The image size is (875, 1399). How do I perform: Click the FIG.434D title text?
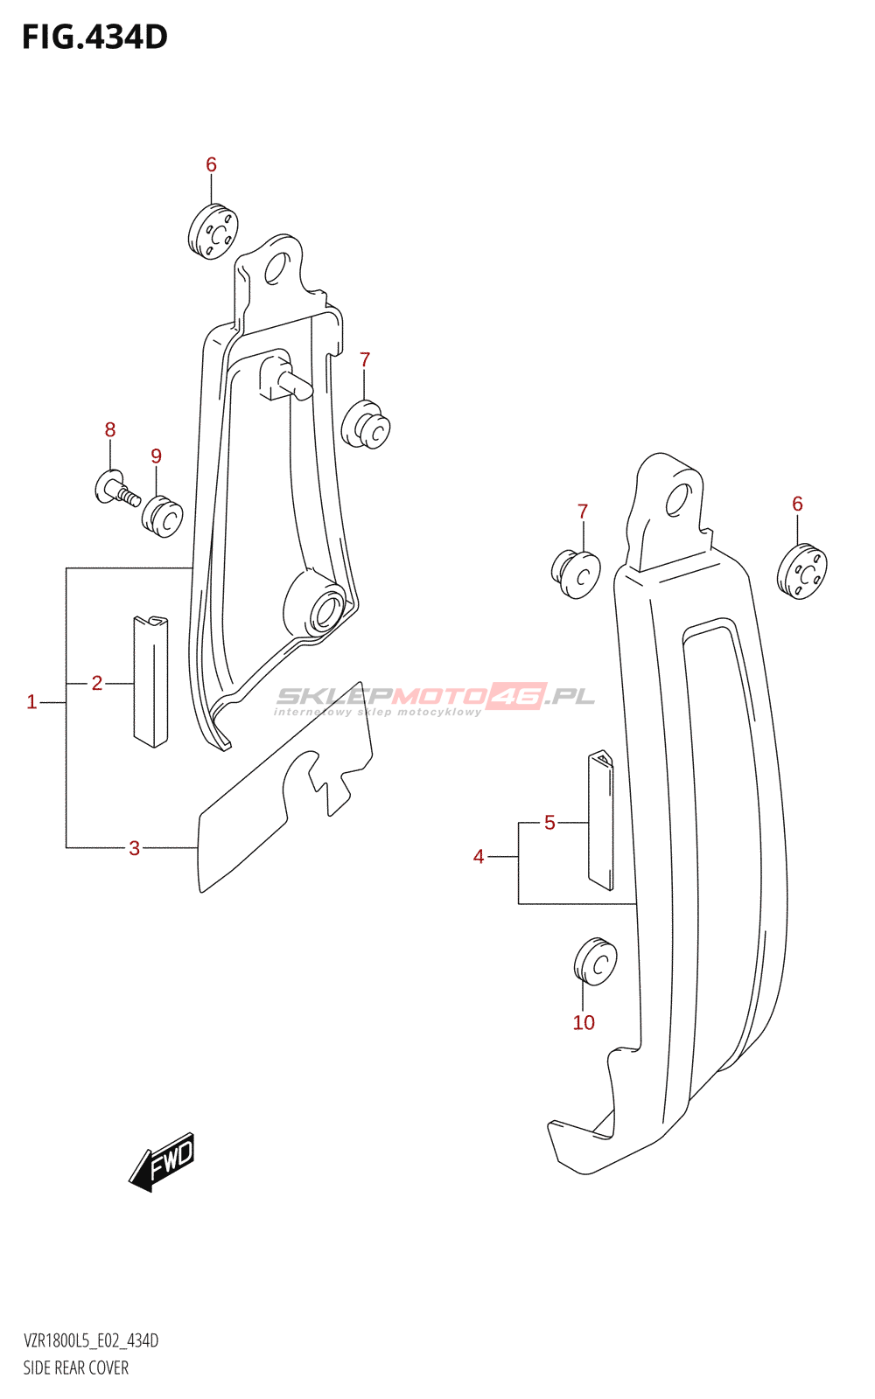point(94,38)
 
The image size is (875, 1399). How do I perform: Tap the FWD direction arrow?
point(162,1161)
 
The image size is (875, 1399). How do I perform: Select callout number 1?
point(31,703)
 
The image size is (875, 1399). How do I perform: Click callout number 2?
point(97,683)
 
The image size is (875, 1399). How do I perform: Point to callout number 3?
point(135,848)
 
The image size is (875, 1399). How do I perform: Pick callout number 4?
point(479,856)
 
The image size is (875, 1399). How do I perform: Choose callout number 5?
point(549,823)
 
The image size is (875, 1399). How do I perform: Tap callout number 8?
point(110,429)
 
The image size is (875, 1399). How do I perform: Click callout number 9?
point(157,456)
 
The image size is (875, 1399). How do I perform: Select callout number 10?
point(584,1022)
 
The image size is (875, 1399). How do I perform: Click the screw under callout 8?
point(117,489)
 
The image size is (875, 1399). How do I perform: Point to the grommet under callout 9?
point(163,517)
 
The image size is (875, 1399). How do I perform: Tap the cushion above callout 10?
point(596,962)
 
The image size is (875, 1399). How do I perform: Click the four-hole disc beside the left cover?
point(213,232)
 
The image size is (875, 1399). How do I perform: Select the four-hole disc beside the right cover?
point(802,572)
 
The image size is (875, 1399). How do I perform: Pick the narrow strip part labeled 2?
point(150,681)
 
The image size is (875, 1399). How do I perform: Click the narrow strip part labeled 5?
point(600,819)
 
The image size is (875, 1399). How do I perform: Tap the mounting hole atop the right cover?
point(677,500)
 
